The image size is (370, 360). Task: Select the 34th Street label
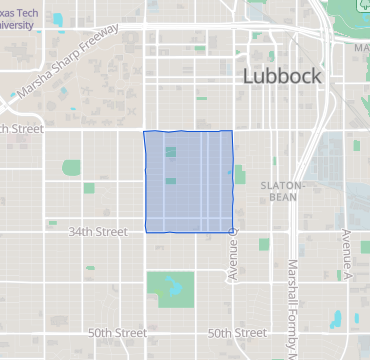97,232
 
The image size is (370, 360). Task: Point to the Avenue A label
346,253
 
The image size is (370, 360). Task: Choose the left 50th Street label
117,333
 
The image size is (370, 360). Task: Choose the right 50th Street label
237,333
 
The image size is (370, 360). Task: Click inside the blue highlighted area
189,181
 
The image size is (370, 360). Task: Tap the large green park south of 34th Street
167,288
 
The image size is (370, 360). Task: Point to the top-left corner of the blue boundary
144,131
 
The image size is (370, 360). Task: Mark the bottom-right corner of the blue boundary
233,231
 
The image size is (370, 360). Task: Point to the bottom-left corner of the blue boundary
146,231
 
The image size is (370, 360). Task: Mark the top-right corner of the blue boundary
233,131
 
